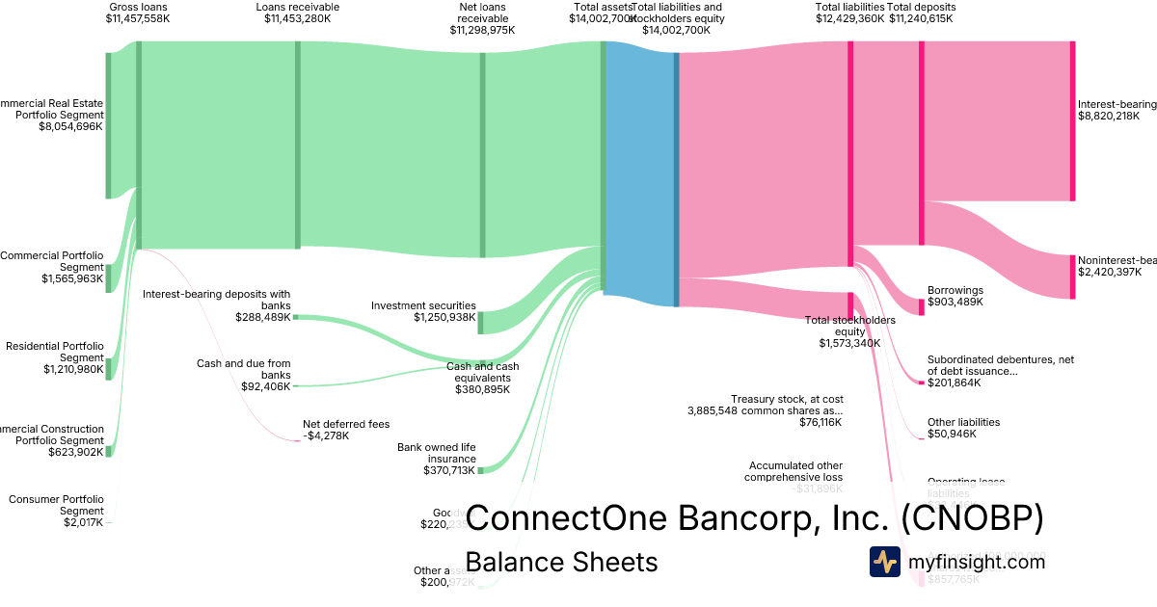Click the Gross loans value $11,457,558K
coord(138,18)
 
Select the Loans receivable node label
coord(297,7)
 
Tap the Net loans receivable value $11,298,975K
coord(482,30)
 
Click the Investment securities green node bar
coord(481,323)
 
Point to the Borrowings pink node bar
coord(922,302)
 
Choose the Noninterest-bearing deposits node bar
coord(1072,277)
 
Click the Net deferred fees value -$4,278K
coord(326,435)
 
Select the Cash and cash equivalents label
coord(482,372)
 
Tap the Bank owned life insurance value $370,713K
coord(449,470)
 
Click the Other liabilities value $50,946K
coord(952,434)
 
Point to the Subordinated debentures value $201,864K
coord(954,383)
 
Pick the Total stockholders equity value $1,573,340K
coord(848,343)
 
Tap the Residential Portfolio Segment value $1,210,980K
coord(72,369)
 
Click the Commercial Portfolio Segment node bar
coord(108,278)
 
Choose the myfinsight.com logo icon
coord(885,562)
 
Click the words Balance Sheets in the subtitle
coord(560,562)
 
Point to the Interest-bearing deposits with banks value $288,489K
coord(262,316)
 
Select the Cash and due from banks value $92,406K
coord(266,385)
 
